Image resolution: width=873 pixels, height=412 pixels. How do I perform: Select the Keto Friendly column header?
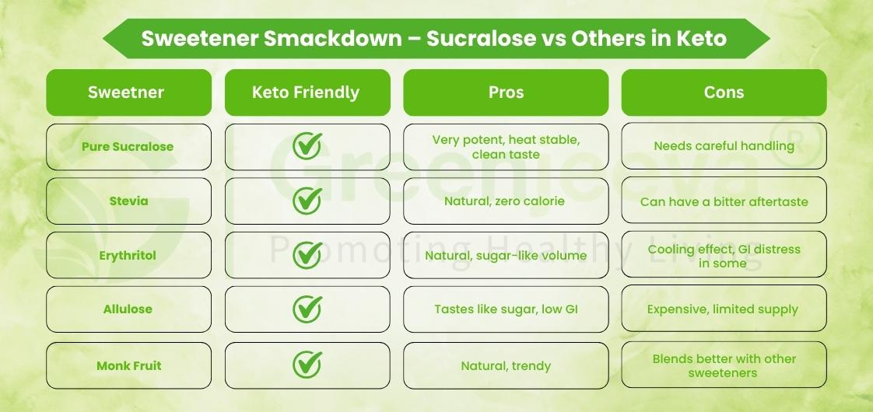tap(307, 93)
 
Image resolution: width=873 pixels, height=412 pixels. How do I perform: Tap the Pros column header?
tap(506, 93)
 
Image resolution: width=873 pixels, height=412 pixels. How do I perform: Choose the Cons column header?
tap(724, 93)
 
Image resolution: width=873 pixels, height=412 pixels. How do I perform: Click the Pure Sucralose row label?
tap(128, 147)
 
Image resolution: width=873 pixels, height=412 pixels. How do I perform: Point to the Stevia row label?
tap(128, 201)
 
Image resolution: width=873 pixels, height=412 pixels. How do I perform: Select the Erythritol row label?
tap(128, 255)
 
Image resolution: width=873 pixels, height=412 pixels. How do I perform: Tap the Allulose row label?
tap(128, 309)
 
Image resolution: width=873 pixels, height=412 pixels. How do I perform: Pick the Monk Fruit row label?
tap(128, 365)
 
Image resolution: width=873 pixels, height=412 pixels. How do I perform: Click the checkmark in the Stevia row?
tap(307, 201)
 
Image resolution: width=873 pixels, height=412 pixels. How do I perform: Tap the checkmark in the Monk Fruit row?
tap(307, 365)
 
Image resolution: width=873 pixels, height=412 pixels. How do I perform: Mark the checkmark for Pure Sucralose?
tap(307, 146)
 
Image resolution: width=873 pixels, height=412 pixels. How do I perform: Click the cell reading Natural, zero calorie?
tap(506, 201)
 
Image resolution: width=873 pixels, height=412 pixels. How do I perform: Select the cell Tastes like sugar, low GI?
tap(506, 309)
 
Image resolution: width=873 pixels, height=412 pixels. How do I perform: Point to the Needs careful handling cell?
tap(724, 145)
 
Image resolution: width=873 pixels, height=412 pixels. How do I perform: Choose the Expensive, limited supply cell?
tap(724, 309)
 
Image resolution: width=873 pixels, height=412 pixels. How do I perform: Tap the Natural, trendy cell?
tap(506, 365)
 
